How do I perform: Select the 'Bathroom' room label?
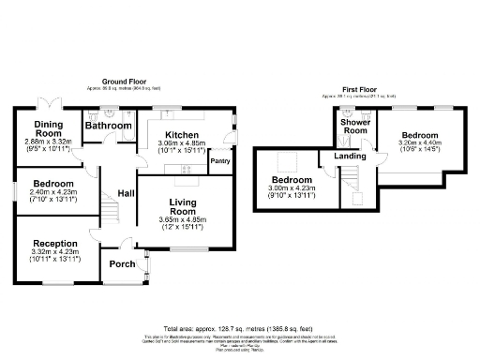(108, 125)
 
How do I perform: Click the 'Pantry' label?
(220, 161)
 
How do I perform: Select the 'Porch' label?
(122, 262)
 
